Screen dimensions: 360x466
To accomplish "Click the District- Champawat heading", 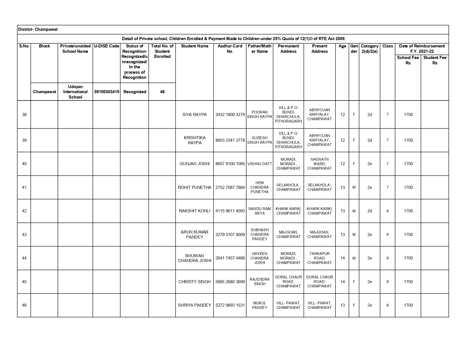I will coord(38,29).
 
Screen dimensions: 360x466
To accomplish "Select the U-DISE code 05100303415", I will coord(106,92).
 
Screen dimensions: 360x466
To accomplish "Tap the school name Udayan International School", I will coord(75,92).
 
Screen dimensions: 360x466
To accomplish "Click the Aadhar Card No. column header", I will coord(230,49).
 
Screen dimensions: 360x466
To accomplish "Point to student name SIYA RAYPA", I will coord(195,115).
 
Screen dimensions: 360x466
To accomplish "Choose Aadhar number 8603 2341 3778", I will coord(230,140).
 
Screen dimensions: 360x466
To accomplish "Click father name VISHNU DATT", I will coord(260,164).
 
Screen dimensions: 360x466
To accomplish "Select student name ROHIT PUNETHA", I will coord(195,187).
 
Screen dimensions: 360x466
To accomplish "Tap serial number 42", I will coord(24,211).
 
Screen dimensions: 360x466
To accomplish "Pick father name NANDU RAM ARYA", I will coord(260,211).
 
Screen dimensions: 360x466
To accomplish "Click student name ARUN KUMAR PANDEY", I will coord(195,234).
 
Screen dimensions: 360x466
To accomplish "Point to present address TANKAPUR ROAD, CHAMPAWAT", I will coord(319,258).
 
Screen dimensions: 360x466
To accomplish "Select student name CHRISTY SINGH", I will coord(195,282).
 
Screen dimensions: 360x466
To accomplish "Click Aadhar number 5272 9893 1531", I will coord(230,305).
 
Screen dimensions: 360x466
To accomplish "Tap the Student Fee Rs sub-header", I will coord(435,60).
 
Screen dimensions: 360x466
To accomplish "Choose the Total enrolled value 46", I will coord(162,92).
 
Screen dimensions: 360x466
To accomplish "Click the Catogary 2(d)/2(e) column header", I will coord(369,49).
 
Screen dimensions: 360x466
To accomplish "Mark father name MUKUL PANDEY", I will coord(260,305).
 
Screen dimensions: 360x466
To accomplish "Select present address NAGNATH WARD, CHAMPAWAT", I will coord(319,164).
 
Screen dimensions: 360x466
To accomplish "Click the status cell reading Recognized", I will coord(135,92).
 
